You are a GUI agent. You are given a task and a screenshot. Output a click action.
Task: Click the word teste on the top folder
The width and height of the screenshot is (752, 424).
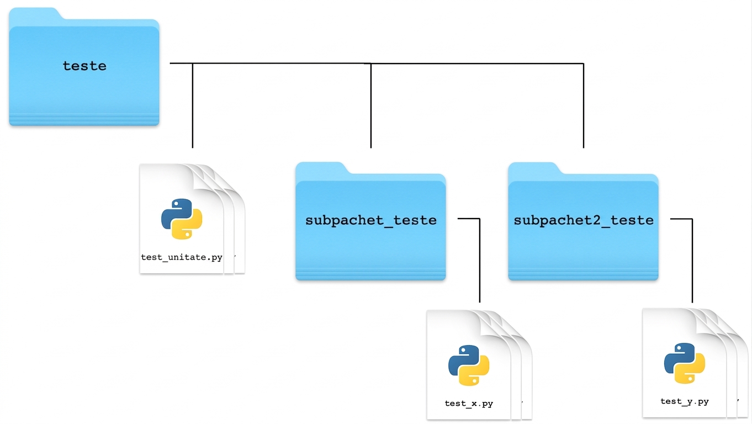point(84,66)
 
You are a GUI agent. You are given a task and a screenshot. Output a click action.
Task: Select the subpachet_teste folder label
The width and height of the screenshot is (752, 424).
point(371,221)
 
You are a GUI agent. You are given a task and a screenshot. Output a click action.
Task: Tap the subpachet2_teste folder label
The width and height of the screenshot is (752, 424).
point(584,221)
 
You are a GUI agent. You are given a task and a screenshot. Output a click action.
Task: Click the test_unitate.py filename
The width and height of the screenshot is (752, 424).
point(182,257)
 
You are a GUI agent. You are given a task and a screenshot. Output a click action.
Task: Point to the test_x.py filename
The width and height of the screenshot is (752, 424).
point(469,403)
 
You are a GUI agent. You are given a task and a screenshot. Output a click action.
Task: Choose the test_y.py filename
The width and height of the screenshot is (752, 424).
point(685,401)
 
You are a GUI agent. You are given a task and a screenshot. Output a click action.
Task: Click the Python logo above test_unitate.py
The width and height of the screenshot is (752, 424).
point(182,219)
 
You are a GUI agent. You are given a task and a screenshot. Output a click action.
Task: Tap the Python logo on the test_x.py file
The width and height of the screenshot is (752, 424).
point(469,365)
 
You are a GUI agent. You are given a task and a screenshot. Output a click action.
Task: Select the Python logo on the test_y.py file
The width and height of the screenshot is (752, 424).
point(685,363)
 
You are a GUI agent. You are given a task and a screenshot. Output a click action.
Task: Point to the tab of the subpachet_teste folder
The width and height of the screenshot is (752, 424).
point(321,168)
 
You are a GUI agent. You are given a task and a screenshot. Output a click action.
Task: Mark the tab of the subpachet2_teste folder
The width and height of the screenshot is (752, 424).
point(534,168)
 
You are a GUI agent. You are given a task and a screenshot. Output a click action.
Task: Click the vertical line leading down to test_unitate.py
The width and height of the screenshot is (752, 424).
point(192,105)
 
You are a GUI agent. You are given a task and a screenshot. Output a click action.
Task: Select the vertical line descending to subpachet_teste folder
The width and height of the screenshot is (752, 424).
point(370,105)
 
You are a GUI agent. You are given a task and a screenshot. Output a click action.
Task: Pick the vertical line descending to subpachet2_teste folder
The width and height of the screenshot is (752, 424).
point(584,105)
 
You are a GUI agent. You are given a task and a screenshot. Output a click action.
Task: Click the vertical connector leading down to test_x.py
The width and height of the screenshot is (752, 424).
point(480,261)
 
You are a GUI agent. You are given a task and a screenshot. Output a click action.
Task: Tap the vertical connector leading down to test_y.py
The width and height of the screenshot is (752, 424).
point(692,261)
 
